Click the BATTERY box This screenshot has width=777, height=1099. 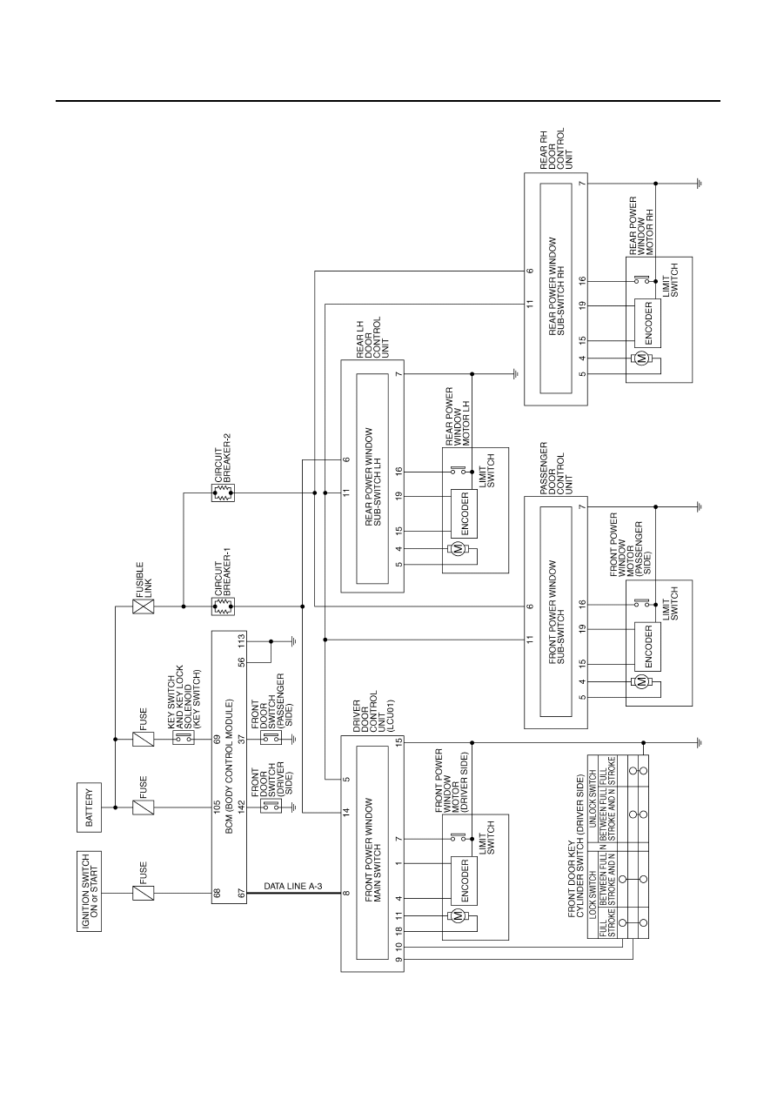[x=90, y=807]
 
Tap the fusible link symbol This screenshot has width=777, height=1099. [x=144, y=606]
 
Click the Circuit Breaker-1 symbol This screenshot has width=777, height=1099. [x=224, y=606]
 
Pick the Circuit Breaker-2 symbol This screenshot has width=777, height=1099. [x=224, y=493]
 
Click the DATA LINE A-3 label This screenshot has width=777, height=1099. [x=293, y=886]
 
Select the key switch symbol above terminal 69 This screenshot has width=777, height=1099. [x=184, y=737]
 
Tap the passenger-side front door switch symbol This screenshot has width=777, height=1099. [x=271, y=737]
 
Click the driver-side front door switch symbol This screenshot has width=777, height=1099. [x=271, y=806]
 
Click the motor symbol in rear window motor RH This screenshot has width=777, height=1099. [x=640, y=359]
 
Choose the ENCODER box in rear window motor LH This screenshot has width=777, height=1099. [x=464, y=513]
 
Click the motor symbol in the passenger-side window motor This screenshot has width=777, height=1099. [x=640, y=682]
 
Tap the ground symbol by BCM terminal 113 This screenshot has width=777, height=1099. [x=293, y=641]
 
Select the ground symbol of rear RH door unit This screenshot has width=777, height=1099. [x=699, y=184]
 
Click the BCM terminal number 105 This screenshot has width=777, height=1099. [x=217, y=807]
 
